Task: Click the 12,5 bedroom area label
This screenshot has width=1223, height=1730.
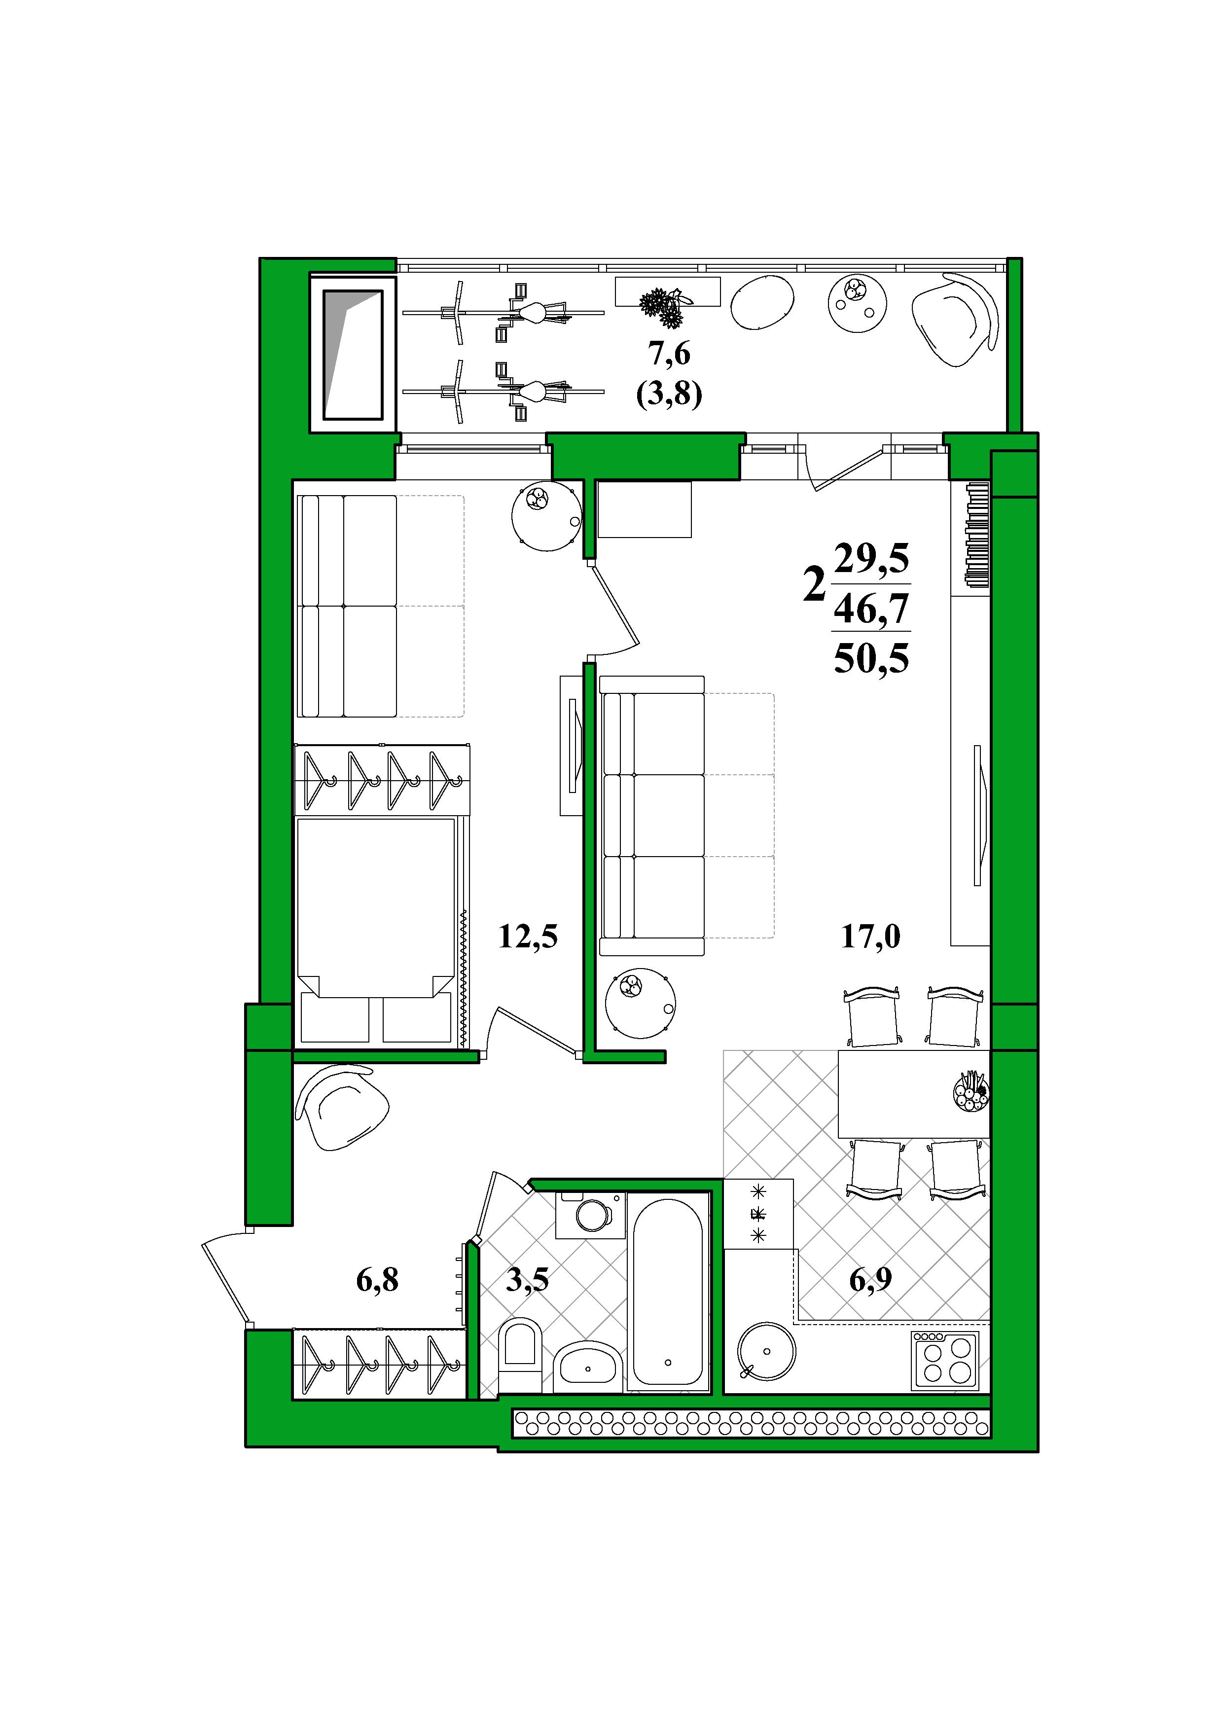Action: coord(528,938)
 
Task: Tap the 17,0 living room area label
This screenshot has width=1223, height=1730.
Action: coord(870,938)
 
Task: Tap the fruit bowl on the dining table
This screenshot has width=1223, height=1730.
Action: coord(971,1092)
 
